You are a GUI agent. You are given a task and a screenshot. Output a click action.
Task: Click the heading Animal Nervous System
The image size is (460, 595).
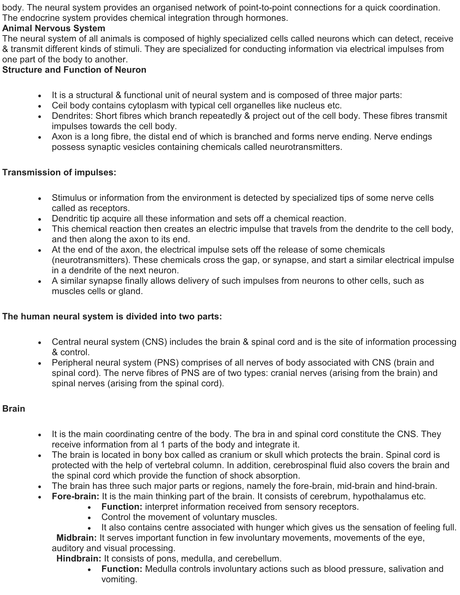point(54,28)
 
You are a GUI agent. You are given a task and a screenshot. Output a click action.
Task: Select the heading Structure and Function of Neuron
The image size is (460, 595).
point(74,70)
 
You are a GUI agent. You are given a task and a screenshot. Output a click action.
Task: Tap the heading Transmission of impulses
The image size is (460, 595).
point(59,173)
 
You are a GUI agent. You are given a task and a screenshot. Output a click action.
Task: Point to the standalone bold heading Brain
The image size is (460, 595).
point(14,409)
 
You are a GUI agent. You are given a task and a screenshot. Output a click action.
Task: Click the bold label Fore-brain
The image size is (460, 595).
point(75,496)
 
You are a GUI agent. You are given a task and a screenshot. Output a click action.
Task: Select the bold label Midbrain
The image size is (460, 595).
point(76,538)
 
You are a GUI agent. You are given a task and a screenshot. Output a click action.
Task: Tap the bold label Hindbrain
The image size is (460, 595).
point(79,559)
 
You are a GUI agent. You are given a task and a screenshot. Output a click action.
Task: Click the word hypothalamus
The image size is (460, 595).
point(380,496)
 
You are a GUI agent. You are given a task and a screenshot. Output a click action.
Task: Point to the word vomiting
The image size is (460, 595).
point(119,580)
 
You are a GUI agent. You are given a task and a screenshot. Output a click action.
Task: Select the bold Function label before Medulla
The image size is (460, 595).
point(122,569)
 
